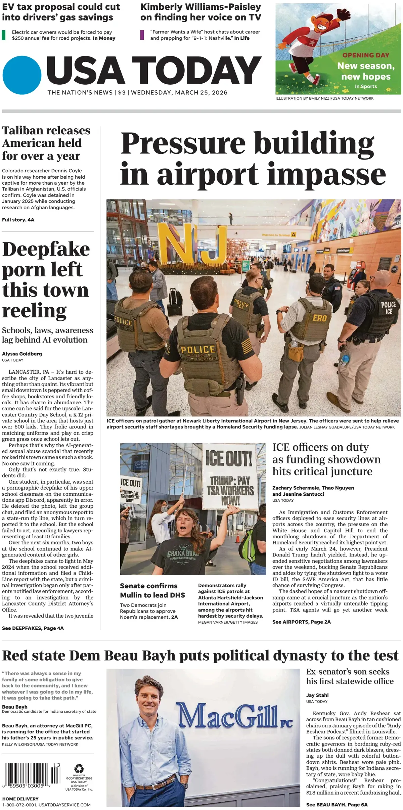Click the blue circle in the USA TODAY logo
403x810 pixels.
pyautogui.click(x=22, y=75)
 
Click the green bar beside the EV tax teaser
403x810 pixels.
pyautogui.click(x=4, y=35)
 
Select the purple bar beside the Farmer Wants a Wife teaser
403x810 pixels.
pyautogui.click(x=142, y=35)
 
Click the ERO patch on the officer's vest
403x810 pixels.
pyautogui.click(x=319, y=318)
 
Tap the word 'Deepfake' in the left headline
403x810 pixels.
pyautogui.click(x=46, y=249)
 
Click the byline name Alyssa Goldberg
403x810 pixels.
pyautogui.click(x=22, y=354)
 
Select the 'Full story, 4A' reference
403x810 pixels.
pyautogui.click(x=18, y=220)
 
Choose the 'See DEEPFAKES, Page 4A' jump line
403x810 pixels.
pyautogui.click(x=33, y=628)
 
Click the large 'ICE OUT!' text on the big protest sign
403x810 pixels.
pyautogui.click(x=229, y=458)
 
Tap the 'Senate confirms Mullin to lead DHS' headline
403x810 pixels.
pyautogui.click(x=152, y=590)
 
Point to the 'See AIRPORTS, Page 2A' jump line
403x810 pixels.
pyautogui.click(x=302, y=622)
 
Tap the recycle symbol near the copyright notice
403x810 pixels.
pyautogui.click(x=79, y=768)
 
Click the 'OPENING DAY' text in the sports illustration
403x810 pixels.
pyautogui.click(x=366, y=55)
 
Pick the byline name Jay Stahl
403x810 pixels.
pyautogui.click(x=317, y=695)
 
